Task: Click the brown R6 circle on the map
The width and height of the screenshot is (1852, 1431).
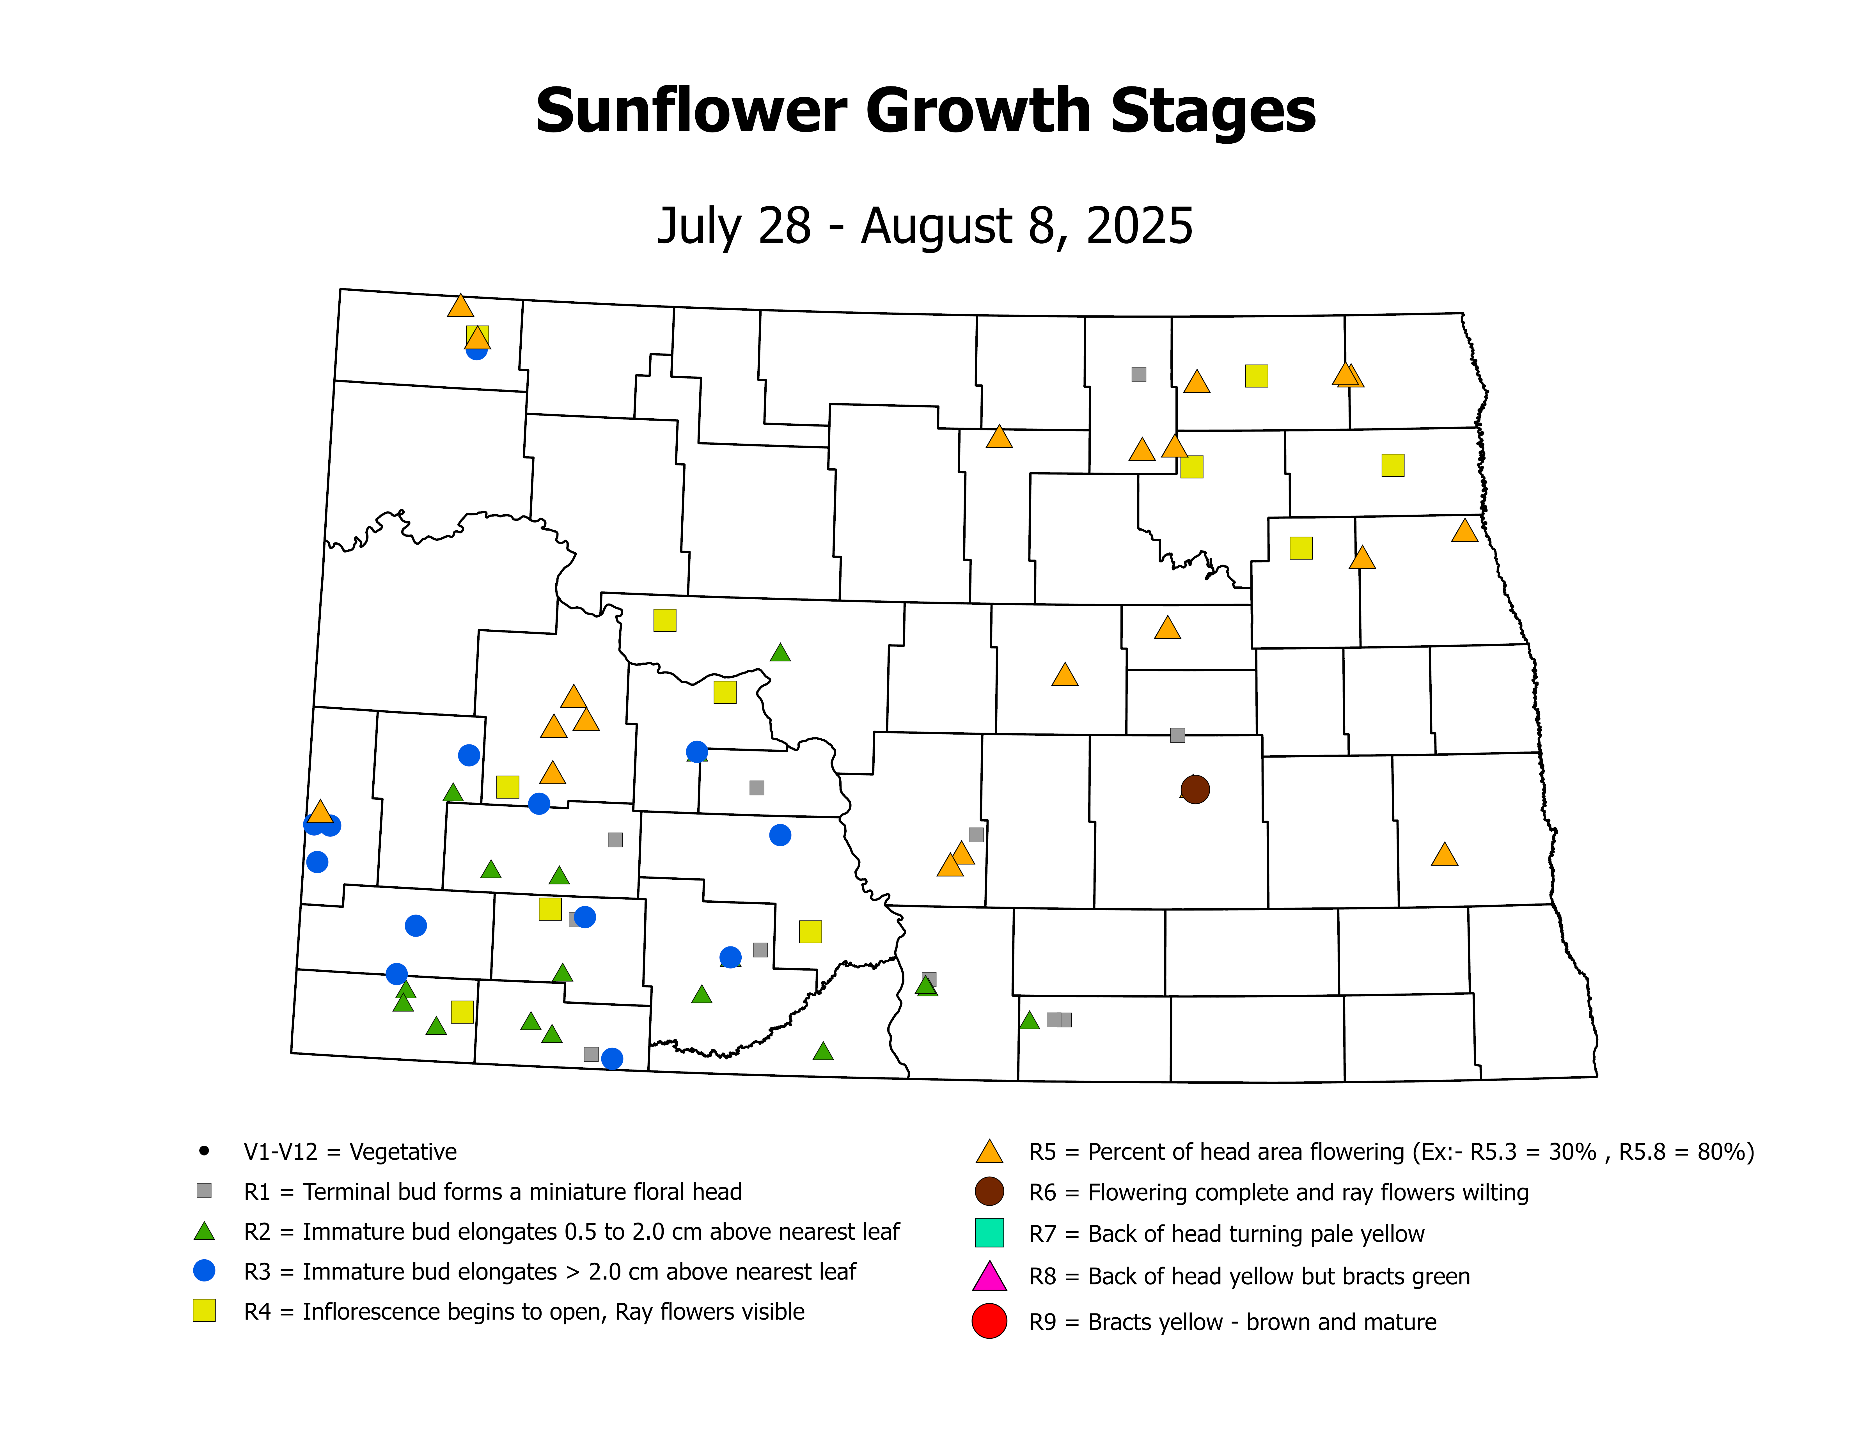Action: point(1195,789)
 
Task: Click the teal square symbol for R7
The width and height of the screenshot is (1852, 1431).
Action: point(989,1233)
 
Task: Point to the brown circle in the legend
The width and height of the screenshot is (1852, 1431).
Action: point(989,1191)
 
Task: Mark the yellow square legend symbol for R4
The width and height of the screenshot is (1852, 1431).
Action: point(203,1311)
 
